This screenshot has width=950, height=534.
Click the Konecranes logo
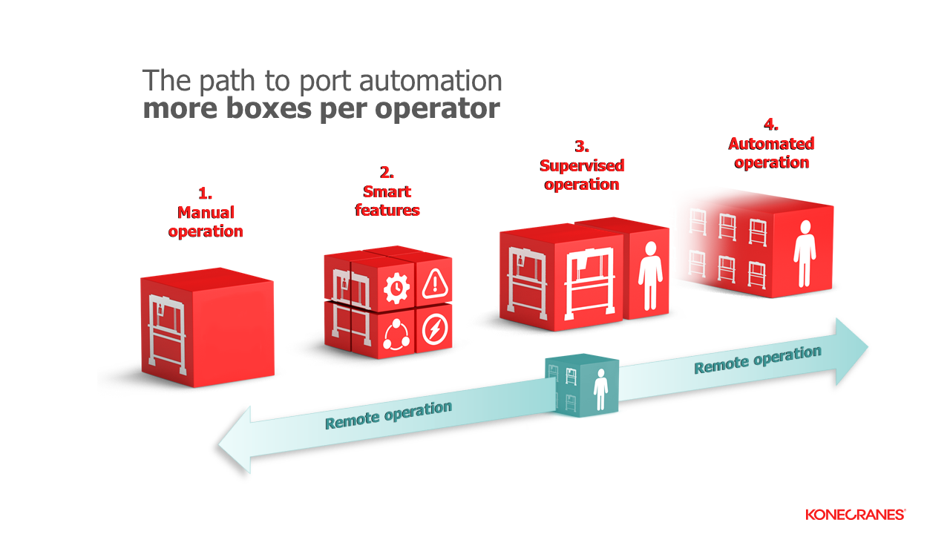click(855, 514)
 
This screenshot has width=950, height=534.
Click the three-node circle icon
click(395, 334)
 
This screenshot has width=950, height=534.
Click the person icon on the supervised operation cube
click(650, 275)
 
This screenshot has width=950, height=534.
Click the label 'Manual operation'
click(206, 222)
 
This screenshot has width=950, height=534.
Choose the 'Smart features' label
click(387, 200)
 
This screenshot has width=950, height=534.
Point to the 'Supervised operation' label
click(581, 174)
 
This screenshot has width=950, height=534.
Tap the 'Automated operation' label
click(771, 153)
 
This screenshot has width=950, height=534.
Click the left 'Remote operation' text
click(388, 415)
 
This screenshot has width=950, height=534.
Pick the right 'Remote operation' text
click(758, 359)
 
